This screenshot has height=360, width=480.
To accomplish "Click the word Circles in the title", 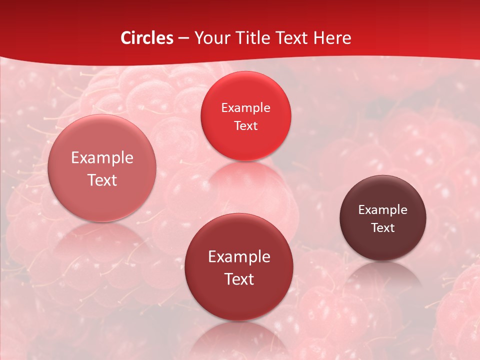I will [147, 38].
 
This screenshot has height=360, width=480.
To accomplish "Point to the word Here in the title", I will [332, 38].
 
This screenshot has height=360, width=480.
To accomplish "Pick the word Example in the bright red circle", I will [245, 108].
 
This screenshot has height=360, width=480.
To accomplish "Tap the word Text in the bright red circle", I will [245, 126].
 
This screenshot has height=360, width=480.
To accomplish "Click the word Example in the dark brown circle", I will [382, 210].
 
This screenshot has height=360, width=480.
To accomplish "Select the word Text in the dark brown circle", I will [382, 228].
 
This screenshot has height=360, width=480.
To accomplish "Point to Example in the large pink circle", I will [102, 158].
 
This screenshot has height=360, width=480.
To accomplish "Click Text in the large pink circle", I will [102, 180].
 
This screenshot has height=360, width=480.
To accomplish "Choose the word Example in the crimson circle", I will [239, 257].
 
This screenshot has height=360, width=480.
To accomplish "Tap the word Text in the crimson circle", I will [239, 279].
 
